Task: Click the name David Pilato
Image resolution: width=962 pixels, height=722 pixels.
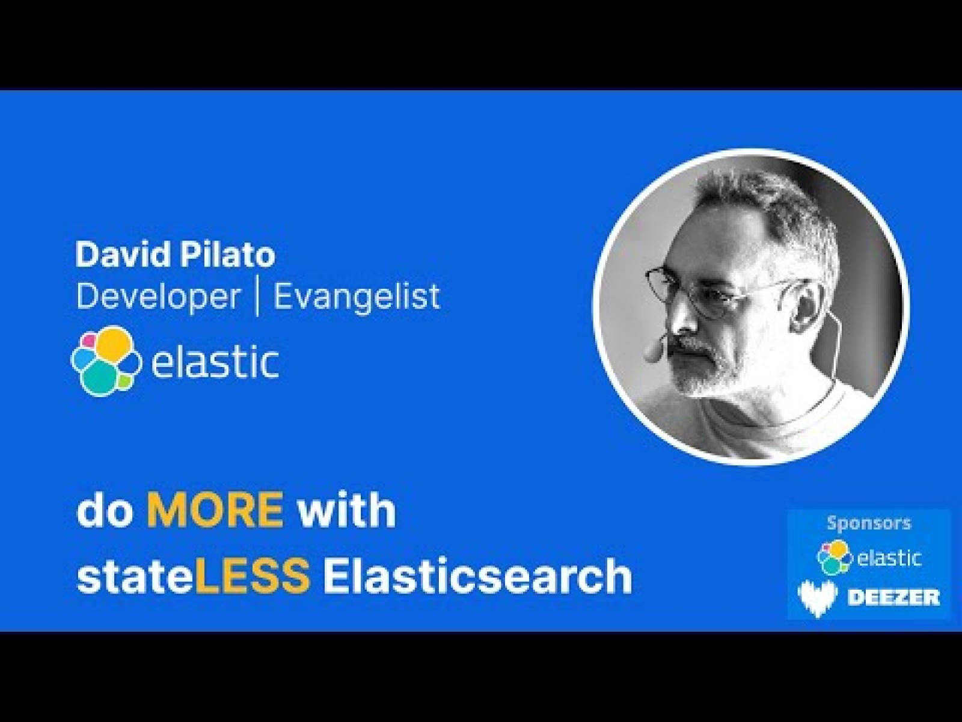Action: click(x=175, y=255)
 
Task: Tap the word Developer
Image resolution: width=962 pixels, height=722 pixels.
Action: click(x=158, y=296)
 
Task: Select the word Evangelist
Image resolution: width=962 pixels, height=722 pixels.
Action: click(x=357, y=296)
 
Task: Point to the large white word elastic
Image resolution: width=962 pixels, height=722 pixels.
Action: click(x=215, y=362)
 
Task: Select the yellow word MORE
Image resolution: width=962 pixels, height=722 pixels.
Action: click(x=215, y=509)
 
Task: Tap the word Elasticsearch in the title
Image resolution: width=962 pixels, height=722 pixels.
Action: click(x=477, y=575)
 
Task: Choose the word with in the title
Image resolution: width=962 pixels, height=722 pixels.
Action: click(x=348, y=509)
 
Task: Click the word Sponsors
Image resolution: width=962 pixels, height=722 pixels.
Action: click(x=869, y=523)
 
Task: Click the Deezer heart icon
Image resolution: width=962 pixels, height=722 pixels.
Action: click(x=818, y=597)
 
